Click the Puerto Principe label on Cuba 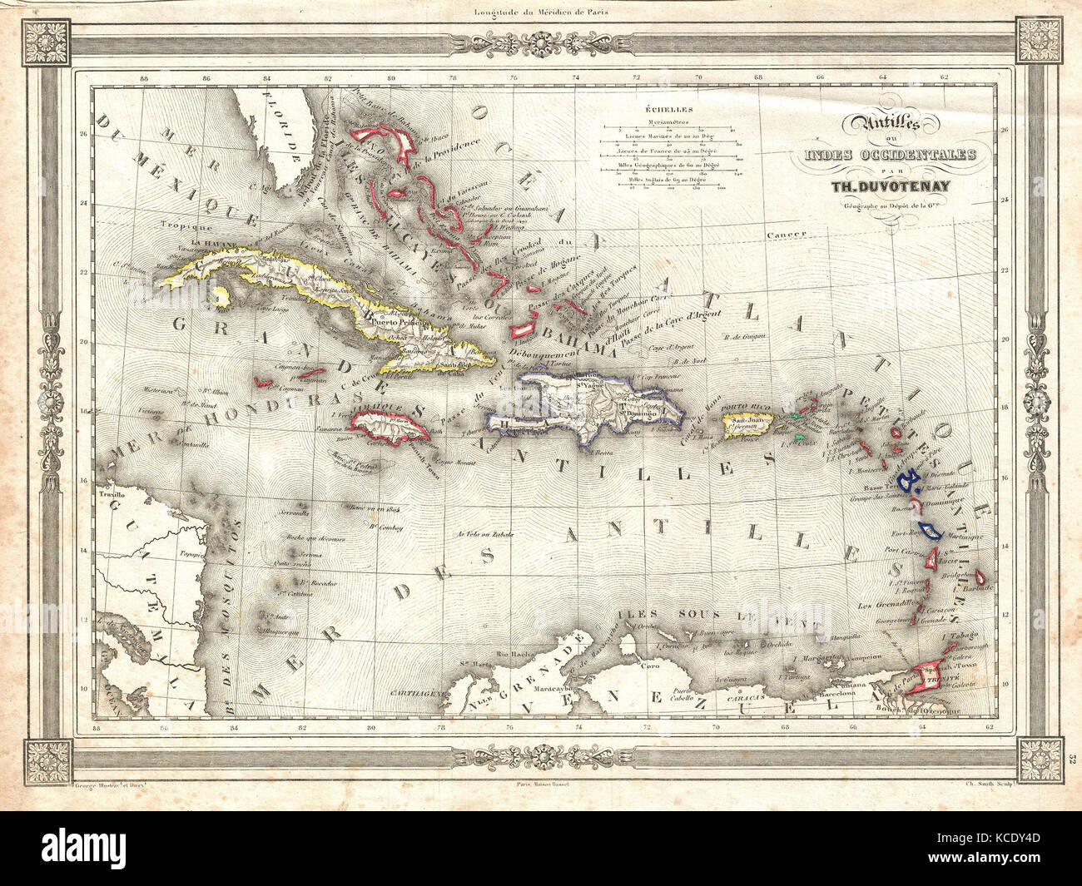384,319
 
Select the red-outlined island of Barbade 981,576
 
